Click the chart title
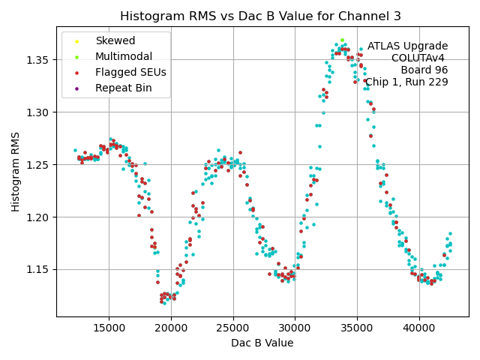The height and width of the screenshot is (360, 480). (260, 16)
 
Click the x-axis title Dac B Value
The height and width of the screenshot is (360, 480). (262, 343)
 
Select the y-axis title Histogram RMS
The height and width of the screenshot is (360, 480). (16, 172)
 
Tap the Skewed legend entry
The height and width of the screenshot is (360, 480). (115, 40)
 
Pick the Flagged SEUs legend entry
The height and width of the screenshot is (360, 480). (130, 72)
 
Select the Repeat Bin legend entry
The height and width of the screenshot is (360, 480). (123, 88)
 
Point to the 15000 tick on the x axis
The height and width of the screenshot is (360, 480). (109, 328)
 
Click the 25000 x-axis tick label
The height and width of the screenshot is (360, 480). (232, 328)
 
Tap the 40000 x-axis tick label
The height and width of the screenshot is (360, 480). (418, 328)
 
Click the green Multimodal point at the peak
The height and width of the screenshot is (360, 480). (342, 40)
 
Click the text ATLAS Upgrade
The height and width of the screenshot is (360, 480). (407, 46)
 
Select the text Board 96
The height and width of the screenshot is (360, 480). (424, 70)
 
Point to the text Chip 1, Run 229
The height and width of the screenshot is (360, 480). (406, 82)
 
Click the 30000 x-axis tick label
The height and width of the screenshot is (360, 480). (295, 328)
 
